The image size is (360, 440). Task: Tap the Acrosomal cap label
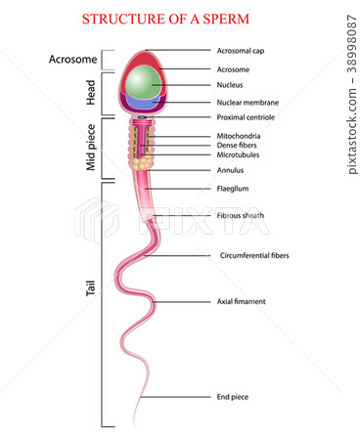click(239, 50)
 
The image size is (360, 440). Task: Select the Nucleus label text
click(231, 85)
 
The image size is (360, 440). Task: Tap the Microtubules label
click(238, 154)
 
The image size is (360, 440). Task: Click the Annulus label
click(230, 169)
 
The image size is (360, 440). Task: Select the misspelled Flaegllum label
click(232, 188)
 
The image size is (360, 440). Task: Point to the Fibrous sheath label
click(240, 215)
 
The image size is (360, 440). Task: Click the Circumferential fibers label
click(253, 255)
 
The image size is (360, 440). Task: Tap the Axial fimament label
click(241, 301)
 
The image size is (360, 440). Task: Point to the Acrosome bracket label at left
click(72, 60)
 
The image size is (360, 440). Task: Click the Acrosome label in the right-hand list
click(233, 69)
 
